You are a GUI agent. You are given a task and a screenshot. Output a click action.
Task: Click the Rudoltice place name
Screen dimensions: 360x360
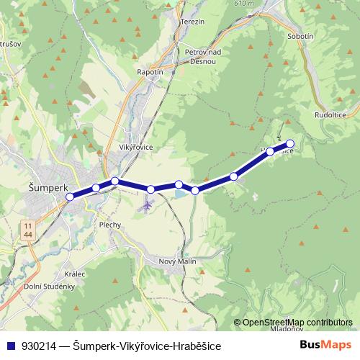pyautogui.click(x=330, y=114)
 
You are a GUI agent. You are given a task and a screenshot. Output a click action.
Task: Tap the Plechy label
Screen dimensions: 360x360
pyautogui.click(x=110, y=225)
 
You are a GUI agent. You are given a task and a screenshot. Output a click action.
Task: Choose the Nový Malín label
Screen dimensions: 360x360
pyautogui.click(x=177, y=261)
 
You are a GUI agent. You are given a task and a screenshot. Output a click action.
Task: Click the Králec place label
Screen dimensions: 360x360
pyautogui.click(x=74, y=274)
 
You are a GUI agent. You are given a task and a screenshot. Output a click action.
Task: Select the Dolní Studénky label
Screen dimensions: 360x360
pyautogui.click(x=49, y=287)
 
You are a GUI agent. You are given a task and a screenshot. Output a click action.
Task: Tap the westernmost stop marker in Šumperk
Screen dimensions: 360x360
pyautogui.click(x=70, y=197)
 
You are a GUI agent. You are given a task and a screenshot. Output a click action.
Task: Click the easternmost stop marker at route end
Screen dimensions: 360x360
pyautogui.click(x=290, y=143)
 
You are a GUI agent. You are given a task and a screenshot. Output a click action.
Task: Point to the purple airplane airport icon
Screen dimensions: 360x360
pyautogui.click(x=148, y=206)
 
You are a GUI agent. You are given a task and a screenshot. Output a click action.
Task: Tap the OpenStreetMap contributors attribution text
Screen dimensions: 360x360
pyautogui.click(x=297, y=323)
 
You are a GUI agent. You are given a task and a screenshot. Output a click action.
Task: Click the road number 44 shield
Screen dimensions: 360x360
pyautogui.click(x=27, y=235)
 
